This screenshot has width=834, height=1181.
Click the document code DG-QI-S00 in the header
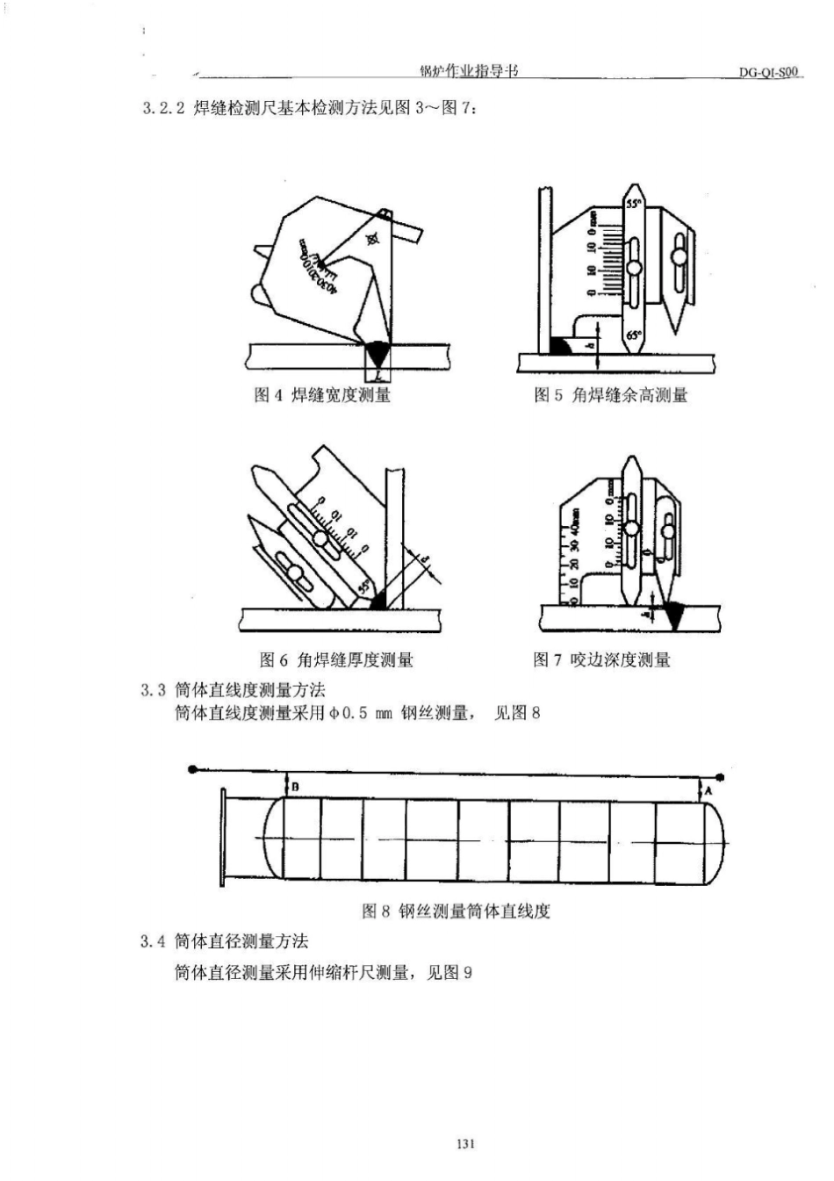pyautogui.click(x=769, y=73)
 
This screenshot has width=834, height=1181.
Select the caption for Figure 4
pyautogui.click(x=322, y=395)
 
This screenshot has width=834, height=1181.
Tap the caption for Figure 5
pyautogui.click(x=611, y=395)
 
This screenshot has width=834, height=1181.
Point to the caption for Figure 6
pyautogui.click(x=336, y=659)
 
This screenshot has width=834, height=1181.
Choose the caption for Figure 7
pyautogui.click(x=601, y=659)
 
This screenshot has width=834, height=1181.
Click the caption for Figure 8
pyautogui.click(x=456, y=911)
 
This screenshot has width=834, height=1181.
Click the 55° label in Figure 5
pyautogui.click(x=633, y=203)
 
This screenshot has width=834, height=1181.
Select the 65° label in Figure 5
pyautogui.click(x=634, y=335)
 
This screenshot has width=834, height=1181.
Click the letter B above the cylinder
pyautogui.click(x=295, y=787)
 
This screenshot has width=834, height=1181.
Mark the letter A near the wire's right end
pyautogui.click(x=708, y=790)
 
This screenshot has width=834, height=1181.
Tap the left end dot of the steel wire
pyautogui.click(x=192, y=769)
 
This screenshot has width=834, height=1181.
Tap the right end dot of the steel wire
pyautogui.click(x=720, y=776)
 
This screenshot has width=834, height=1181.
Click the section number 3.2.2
pyautogui.click(x=162, y=110)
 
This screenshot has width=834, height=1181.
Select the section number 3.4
pyautogui.click(x=153, y=941)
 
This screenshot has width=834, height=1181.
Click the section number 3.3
pyautogui.click(x=153, y=690)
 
